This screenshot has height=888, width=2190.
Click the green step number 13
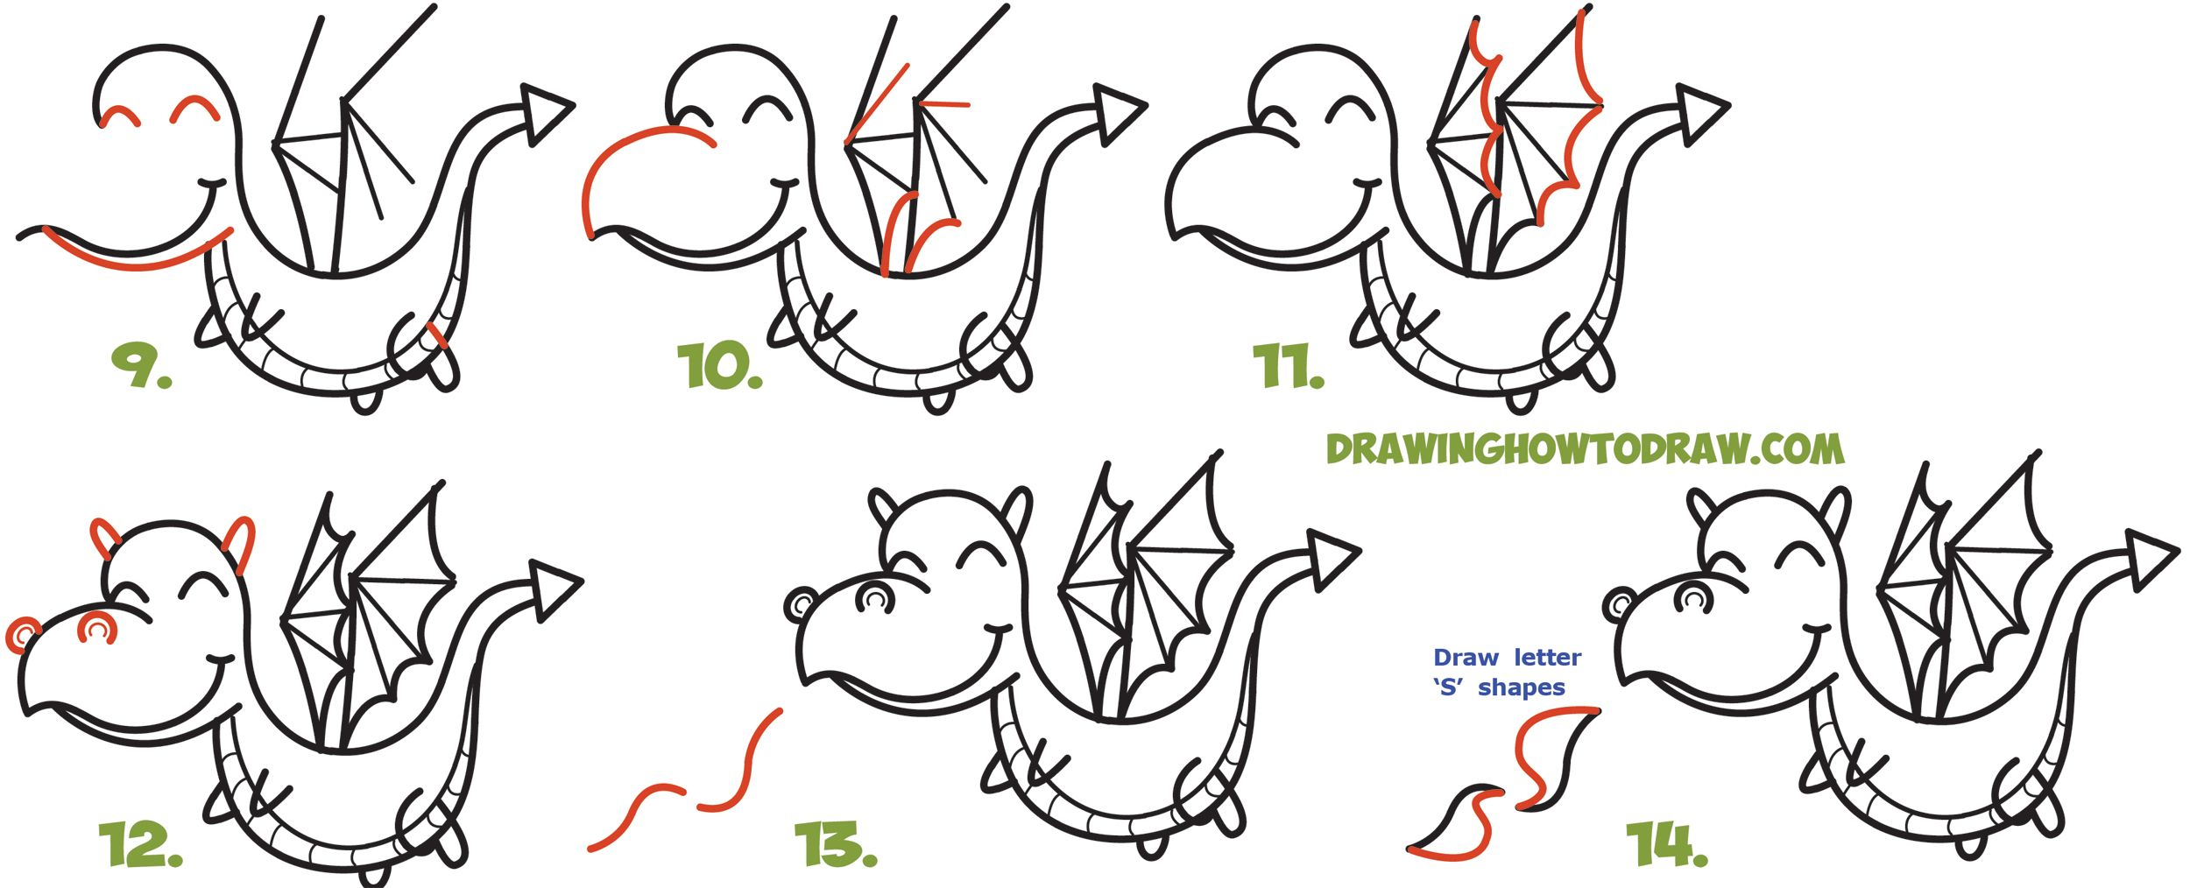[x=834, y=844]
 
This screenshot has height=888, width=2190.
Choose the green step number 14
[x=1666, y=844]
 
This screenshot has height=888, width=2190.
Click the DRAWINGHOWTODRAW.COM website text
[x=1584, y=449]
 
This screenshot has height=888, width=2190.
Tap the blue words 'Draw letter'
[x=1507, y=658]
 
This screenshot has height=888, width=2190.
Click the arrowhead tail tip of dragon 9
[x=545, y=113]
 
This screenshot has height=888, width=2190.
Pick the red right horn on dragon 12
[x=241, y=543]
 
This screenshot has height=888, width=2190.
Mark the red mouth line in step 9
[x=140, y=261]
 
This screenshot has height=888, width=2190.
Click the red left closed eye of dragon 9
[x=119, y=116]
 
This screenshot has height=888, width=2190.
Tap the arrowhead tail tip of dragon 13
[x=1332, y=557]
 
